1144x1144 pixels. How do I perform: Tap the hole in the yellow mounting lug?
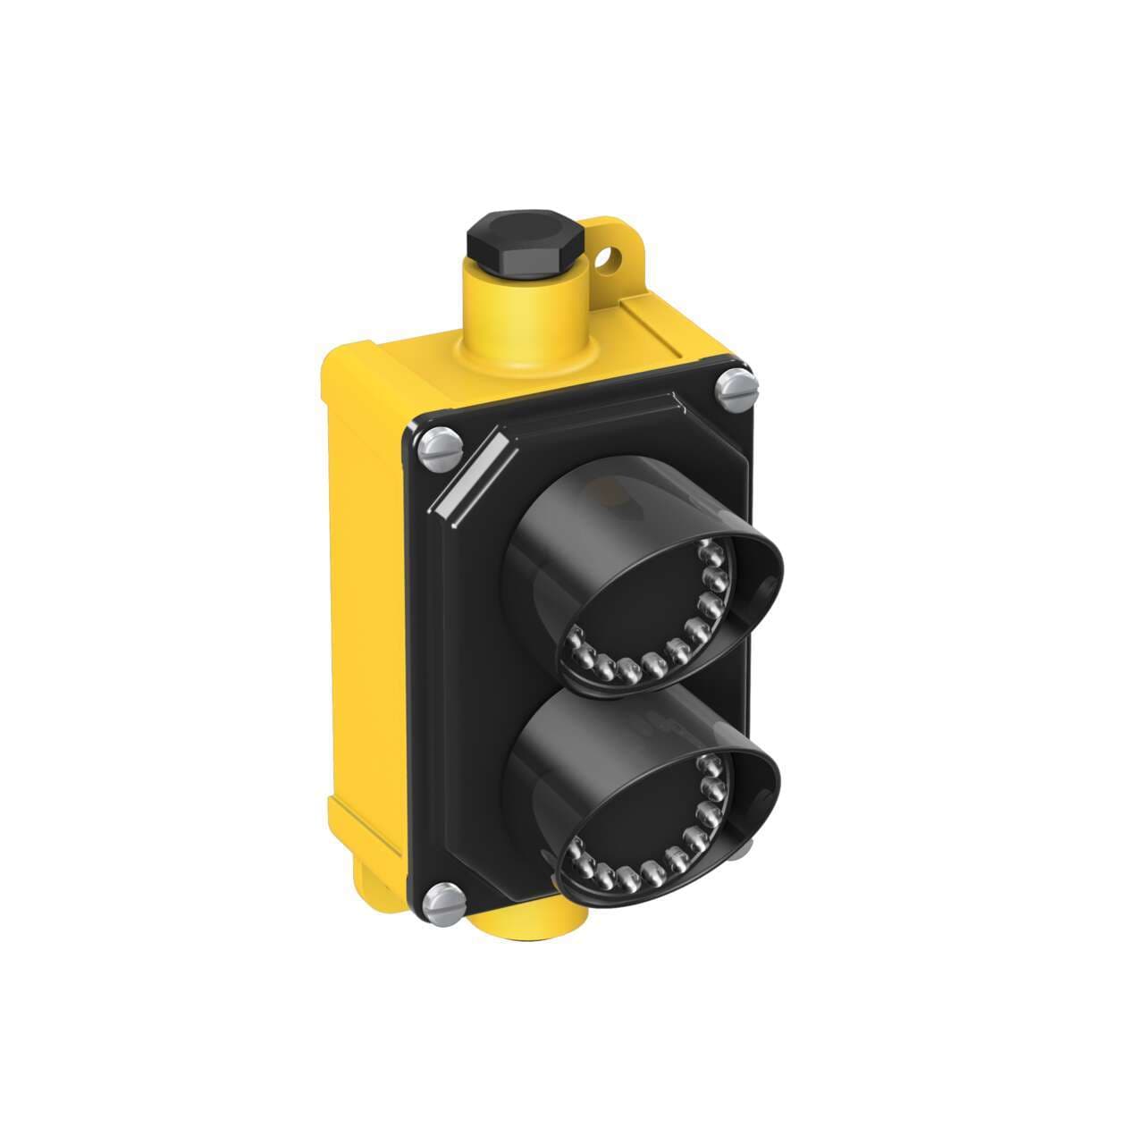[x=610, y=260]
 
